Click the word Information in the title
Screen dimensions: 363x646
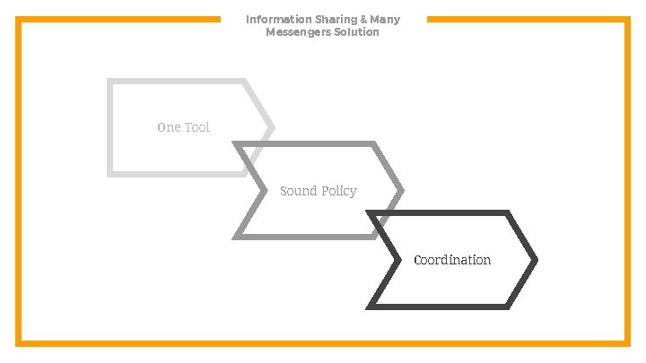(273, 19)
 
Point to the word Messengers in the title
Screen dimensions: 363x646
(296, 32)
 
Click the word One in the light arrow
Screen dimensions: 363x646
(169, 127)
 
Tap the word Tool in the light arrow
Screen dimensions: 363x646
(196, 127)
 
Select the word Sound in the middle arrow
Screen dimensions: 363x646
(298, 191)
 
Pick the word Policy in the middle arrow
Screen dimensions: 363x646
(339, 191)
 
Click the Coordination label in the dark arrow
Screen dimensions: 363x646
(452, 260)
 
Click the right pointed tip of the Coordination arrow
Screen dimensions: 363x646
(535, 260)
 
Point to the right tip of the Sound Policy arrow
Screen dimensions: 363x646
(401, 190)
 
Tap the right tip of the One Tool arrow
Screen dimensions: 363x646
(272, 127)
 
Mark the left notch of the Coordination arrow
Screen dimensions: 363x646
(397, 260)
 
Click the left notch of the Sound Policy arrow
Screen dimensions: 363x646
(264, 190)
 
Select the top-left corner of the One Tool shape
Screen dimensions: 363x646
(109, 82)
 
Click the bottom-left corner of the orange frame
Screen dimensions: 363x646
(19, 342)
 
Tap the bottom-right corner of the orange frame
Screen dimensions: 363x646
(626, 342)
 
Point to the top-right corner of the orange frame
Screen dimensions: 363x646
(626, 20)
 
